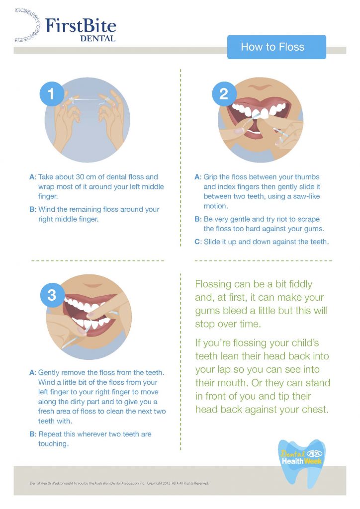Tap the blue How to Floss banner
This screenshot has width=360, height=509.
(276, 47)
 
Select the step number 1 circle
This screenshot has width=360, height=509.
(52, 92)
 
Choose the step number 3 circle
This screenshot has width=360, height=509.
(52, 295)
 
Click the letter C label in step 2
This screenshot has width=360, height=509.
(197, 242)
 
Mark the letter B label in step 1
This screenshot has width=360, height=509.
(32, 209)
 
